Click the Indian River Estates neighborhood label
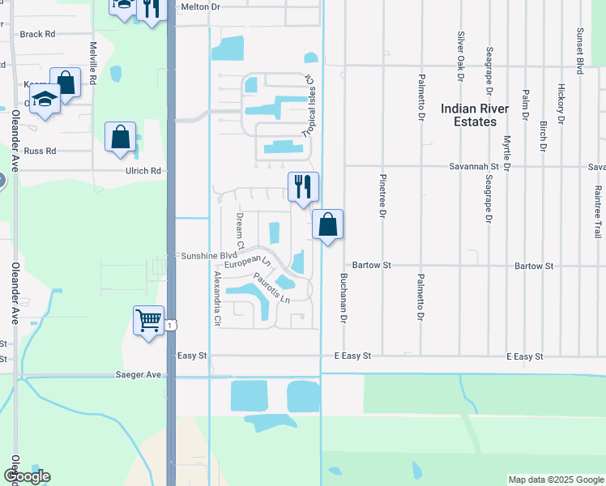tap(475, 115)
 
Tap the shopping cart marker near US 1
tap(148, 322)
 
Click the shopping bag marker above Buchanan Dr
tap(327, 225)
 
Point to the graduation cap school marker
tap(46, 102)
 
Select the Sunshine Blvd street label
tap(203, 255)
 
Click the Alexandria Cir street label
tap(216, 299)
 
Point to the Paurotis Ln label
tap(271, 288)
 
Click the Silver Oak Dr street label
tap(461, 56)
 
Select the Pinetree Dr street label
tap(382, 196)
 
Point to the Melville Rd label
tap(94, 63)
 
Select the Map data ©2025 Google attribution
tap(555, 480)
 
